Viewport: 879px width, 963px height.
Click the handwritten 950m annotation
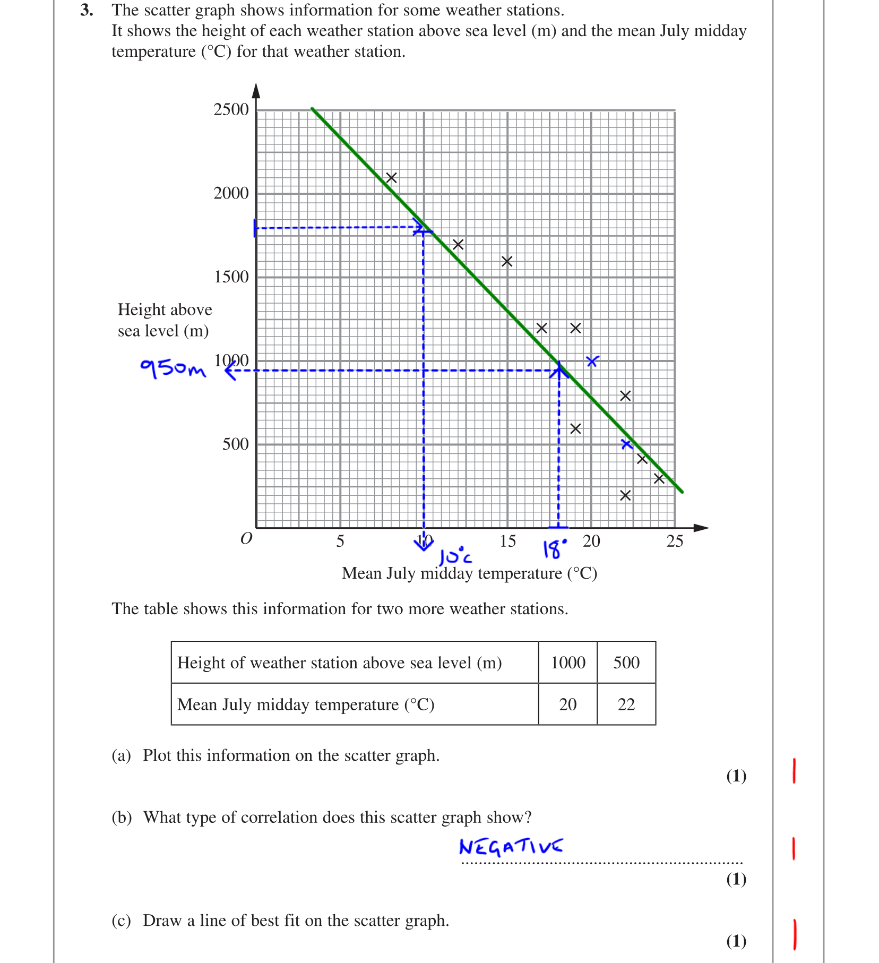173,367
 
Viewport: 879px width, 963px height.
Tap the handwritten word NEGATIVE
511,846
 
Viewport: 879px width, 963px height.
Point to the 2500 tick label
231,109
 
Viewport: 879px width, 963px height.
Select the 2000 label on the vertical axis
231,193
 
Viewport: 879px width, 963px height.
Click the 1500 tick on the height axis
231,277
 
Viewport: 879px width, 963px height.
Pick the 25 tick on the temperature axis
675,541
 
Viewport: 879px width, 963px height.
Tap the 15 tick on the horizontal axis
507,541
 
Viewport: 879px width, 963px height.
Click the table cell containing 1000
567,663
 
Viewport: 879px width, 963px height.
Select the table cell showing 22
626,704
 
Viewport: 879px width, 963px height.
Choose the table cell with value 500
626,663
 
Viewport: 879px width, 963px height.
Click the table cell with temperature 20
567,704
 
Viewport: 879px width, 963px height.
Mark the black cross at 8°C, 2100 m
391,178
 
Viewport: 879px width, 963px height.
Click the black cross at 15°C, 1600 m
507,261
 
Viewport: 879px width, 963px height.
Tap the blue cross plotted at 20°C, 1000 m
592,362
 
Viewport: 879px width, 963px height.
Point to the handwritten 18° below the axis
554,549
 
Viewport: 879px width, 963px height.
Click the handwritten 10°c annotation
455,556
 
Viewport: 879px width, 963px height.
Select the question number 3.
86,10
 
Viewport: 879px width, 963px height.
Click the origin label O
246,539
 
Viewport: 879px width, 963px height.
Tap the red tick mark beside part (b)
794,848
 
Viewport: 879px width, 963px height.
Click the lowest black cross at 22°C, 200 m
625,495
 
